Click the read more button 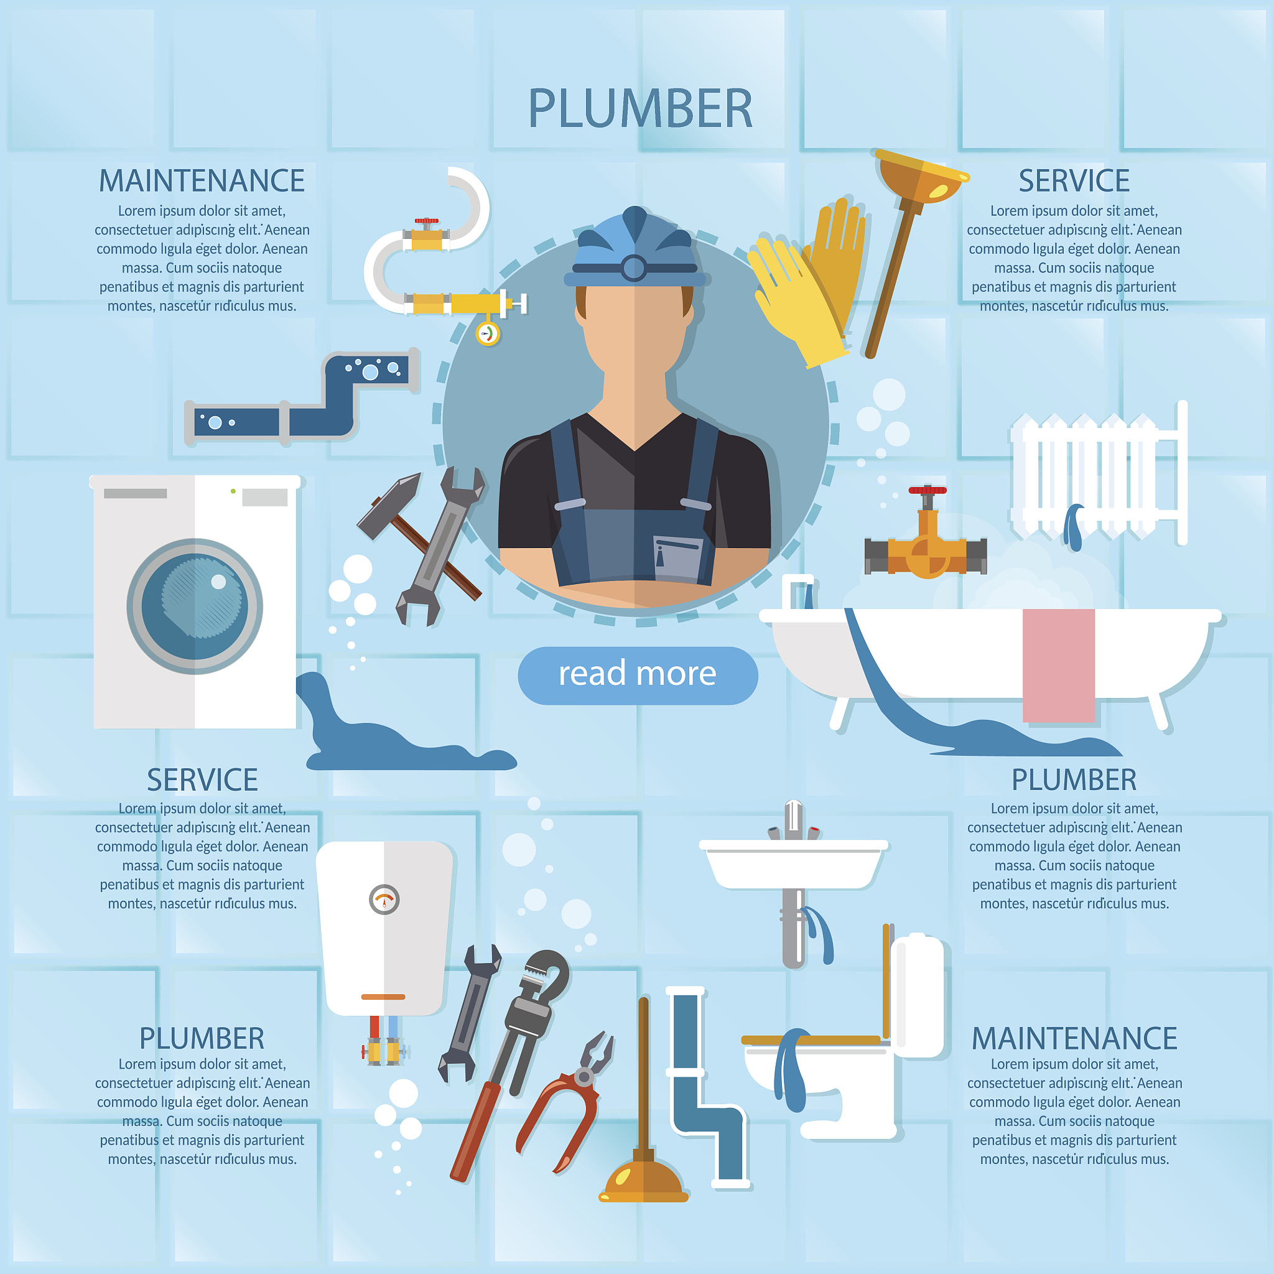(x=638, y=675)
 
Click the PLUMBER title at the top (x=639, y=109)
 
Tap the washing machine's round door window (x=195, y=606)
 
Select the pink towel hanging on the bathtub (x=1058, y=665)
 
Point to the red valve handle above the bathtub (x=927, y=491)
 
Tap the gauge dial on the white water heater (x=384, y=900)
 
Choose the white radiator (x=1099, y=473)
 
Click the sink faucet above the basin (x=794, y=821)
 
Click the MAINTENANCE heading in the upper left (x=202, y=180)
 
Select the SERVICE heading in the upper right (x=1074, y=180)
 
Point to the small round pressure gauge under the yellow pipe (x=488, y=333)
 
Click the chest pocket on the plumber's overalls (x=678, y=559)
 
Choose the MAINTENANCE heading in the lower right (x=1074, y=1039)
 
